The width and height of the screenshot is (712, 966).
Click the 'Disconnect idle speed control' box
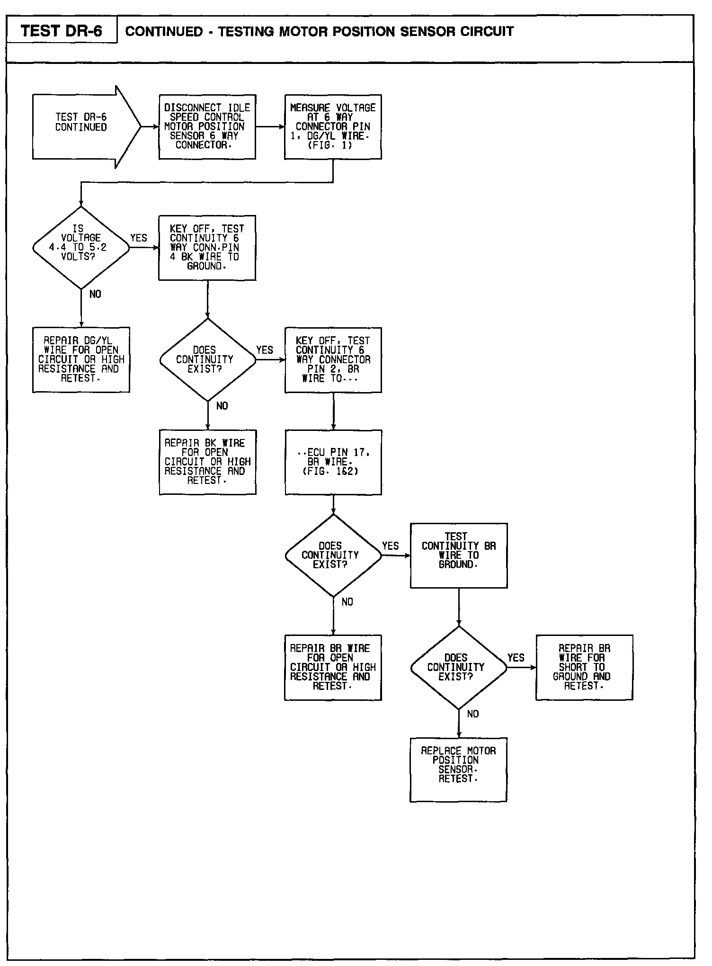click(207, 127)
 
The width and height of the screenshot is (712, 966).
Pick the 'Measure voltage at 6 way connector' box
click(333, 127)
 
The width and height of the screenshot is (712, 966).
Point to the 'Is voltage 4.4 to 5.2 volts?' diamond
click(81, 248)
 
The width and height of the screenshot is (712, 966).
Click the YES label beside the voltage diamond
click(139, 238)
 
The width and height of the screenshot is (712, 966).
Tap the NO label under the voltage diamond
click(95, 295)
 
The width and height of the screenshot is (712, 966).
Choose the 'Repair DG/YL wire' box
click(81, 360)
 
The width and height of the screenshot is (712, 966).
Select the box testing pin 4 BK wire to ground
click(207, 248)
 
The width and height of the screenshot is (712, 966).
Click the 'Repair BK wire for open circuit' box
click(207, 462)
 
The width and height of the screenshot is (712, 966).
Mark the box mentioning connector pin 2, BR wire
click(333, 360)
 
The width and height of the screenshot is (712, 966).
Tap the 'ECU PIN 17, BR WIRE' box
click(333, 462)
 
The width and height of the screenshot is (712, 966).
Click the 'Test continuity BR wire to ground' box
click(458, 555)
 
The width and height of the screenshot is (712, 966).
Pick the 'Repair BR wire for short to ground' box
click(584, 667)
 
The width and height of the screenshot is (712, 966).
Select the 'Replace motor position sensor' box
click(458, 769)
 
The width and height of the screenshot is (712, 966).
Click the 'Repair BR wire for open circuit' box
click(333, 667)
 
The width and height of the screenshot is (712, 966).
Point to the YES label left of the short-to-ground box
click(516, 658)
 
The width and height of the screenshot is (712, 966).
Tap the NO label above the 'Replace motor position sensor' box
click(473, 714)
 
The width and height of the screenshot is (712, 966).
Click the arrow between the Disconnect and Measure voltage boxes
click(270, 127)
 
